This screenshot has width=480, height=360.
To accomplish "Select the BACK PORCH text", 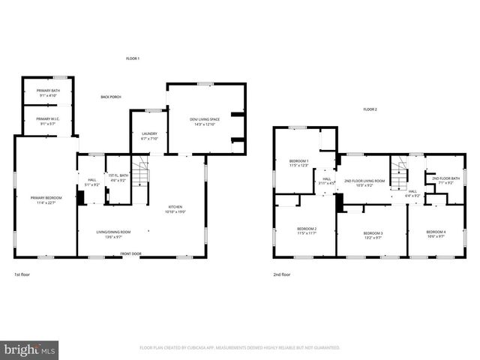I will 111,97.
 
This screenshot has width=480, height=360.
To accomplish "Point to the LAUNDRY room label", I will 148,136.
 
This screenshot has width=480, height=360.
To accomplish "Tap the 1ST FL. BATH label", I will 118,178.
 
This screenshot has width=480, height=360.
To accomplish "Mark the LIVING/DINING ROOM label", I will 112,233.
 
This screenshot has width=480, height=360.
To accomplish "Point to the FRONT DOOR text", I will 132,254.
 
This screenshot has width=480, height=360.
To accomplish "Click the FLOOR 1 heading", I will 132,58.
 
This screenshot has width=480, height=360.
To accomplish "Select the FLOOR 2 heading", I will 370,109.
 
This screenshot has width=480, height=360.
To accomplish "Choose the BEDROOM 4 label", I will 436,233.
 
